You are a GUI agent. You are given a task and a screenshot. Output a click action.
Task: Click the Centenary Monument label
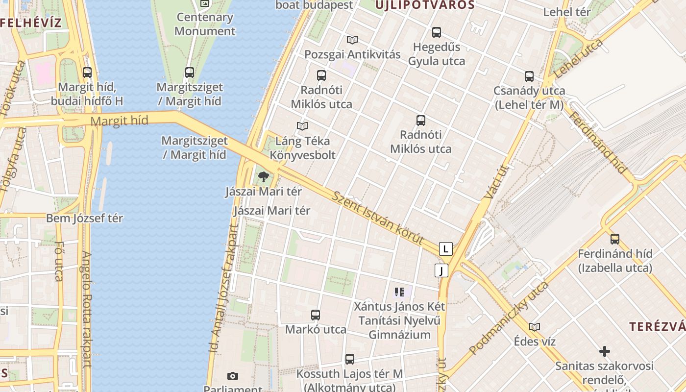(x=205, y=24)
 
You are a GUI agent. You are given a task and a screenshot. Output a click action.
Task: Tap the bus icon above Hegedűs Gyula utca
(x=437, y=32)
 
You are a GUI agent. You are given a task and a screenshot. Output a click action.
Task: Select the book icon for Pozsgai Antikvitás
(x=352, y=40)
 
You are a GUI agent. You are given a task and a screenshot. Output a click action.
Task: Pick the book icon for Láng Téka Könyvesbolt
(x=302, y=126)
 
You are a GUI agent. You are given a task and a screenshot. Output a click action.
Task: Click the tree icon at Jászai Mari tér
(x=264, y=176)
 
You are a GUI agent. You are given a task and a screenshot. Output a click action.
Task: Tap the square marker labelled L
(x=445, y=249)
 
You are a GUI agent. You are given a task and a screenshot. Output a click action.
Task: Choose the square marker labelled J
(x=441, y=270)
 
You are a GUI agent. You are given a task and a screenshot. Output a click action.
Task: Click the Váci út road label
(x=496, y=182)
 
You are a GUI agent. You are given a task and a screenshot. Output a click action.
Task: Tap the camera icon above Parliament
(x=233, y=376)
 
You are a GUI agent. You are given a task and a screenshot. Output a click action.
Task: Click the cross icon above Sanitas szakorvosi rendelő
(x=605, y=351)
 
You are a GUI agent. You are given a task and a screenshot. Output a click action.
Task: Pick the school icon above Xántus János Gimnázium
(x=399, y=293)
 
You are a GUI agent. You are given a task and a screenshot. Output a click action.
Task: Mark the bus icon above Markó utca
(x=316, y=315)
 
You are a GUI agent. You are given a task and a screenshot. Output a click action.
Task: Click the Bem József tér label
(x=84, y=219)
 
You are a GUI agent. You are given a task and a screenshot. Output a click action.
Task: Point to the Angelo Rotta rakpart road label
(x=87, y=310)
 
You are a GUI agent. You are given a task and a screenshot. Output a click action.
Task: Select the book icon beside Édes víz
(x=535, y=327)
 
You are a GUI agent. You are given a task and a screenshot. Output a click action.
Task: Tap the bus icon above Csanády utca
(x=529, y=76)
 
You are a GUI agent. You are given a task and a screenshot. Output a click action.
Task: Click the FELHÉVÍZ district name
(x=31, y=23)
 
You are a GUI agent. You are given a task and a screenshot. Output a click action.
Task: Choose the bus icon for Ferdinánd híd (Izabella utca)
(x=615, y=239)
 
